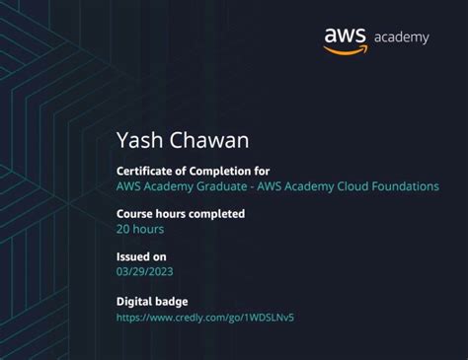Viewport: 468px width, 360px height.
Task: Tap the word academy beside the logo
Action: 401,38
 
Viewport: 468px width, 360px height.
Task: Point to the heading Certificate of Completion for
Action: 193,171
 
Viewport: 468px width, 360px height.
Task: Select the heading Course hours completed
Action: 181,213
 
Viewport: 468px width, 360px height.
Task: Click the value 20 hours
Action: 140,229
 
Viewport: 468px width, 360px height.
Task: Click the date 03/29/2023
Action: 151,272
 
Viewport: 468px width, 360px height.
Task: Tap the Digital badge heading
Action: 152,301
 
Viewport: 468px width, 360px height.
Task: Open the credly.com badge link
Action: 205,318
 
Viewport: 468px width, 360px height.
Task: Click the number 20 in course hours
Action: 123,229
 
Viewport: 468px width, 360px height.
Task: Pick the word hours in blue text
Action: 149,229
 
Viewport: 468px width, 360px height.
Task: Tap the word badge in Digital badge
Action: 171,301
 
